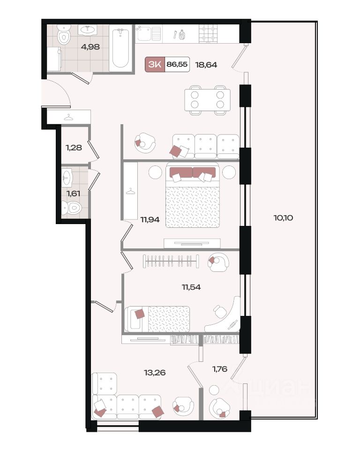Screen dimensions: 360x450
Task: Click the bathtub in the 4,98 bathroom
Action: [120, 48]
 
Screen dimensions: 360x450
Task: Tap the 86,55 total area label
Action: [177, 64]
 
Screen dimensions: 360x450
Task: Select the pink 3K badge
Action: [155, 64]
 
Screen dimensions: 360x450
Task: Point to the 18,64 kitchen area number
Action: [206, 65]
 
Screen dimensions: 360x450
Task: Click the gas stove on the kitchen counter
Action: [208, 34]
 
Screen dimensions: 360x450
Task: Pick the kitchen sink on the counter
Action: [148, 34]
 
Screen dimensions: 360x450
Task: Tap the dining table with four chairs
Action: [207, 100]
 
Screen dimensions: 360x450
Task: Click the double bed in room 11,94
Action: [193, 195]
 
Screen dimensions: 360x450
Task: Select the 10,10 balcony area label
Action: [283, 218]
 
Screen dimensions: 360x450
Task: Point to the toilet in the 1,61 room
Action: [72, 208]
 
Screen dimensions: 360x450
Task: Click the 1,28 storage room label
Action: [74, 148]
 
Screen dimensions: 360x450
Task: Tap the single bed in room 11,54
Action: [157, 319]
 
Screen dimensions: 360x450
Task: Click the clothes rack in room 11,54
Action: [171, 261]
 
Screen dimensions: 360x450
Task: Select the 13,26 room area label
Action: [155, 373]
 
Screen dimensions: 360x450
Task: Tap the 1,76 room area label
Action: [220, 369]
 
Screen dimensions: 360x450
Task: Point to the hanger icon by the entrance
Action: [68, 117]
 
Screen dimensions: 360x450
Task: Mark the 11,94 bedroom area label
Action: [150, 220]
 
